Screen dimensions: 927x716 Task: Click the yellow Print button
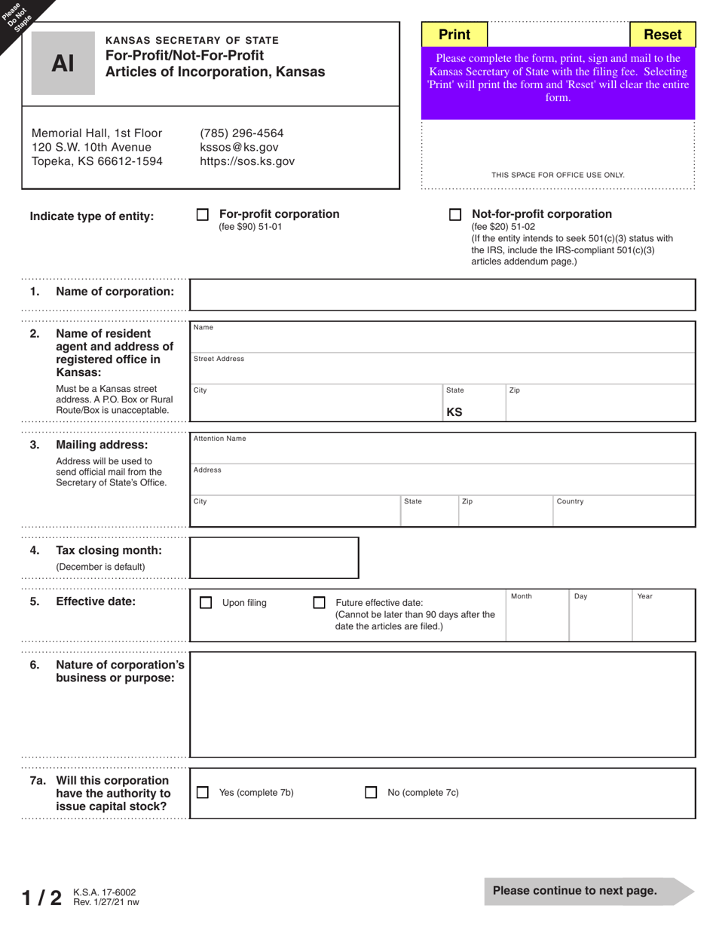[x=454, y=35]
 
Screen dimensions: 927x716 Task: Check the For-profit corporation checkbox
[x=202, y=215]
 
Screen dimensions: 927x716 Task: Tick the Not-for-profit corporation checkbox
[x=455, y=215]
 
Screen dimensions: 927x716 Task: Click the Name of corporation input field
[x=442, y=295]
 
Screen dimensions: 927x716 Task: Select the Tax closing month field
[x=274, y=558]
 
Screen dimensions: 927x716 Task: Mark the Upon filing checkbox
[x=206, y=603]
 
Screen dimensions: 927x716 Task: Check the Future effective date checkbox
[x=319, y=603]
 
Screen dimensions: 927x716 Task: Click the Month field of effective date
[x=536, y=620]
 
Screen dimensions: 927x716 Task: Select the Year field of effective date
[x=662, y=620]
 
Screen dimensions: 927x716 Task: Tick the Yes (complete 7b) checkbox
[x=202, y=793]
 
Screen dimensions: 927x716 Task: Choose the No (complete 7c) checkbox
[x=371, y=793]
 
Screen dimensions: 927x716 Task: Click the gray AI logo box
[x=63, y=64]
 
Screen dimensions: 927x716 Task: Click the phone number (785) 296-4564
[x=241, y=133]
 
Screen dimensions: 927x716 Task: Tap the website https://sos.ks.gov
[x=247, y=161]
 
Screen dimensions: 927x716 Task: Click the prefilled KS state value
[x=454, y=412]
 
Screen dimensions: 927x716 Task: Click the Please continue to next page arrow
[x=588, y=891]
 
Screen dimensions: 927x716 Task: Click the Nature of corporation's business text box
[x=442, y=705]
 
